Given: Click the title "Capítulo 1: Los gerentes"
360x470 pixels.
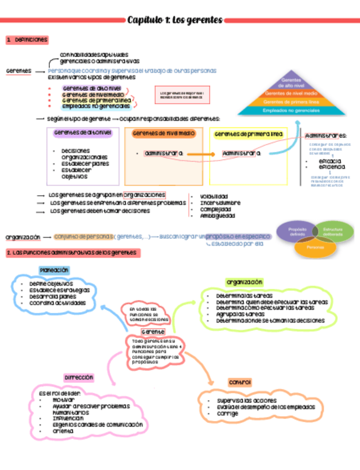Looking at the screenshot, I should click(x=175, y=21).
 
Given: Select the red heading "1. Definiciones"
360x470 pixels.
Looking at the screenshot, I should click(x=27, y=40).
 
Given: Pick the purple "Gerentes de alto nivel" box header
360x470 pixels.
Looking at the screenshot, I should click(x=83, y=133).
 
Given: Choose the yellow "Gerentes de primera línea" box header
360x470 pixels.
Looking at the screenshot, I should click(x=248, y=134).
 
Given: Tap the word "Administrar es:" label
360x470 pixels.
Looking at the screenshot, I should click(x=327, y=136).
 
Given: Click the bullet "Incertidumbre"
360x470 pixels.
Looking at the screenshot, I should click(x=221, y=203).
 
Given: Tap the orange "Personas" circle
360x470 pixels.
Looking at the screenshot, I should click(x=315, y=247).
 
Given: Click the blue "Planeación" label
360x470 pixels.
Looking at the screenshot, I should click(x=54, y=270).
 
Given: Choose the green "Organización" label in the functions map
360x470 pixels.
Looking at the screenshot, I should click(x=244, y=282).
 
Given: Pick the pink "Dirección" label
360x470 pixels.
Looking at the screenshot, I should click(x=78, y=377).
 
